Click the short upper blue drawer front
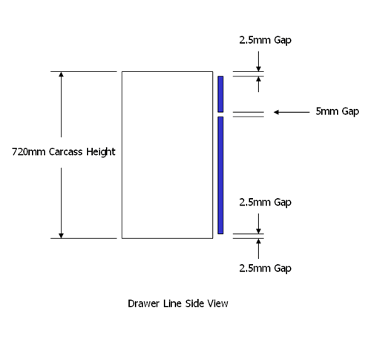220,94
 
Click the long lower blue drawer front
220,175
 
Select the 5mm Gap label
337,111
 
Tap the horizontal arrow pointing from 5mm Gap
292,112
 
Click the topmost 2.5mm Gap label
265,40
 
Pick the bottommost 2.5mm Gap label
265,268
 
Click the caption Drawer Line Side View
178,304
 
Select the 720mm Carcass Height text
64,152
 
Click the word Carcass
65,152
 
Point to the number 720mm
29,152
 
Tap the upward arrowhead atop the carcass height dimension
61,74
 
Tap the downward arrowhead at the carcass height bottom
61,236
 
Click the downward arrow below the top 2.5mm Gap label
258,62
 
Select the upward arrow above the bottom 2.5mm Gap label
258,249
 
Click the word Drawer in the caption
143,304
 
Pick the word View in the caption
217,304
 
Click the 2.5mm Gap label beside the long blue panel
265,203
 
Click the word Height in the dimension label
101,152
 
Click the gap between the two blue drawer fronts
220,114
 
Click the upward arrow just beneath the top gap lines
258,84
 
